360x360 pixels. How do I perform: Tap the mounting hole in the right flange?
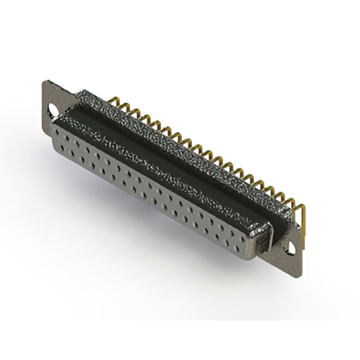pyautogui.click(x=292, y=246)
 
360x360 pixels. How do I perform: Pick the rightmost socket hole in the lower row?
pyautogui.click(x=240, y=242)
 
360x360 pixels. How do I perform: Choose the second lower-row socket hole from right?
pyautogui.click(x=231, y=237)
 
